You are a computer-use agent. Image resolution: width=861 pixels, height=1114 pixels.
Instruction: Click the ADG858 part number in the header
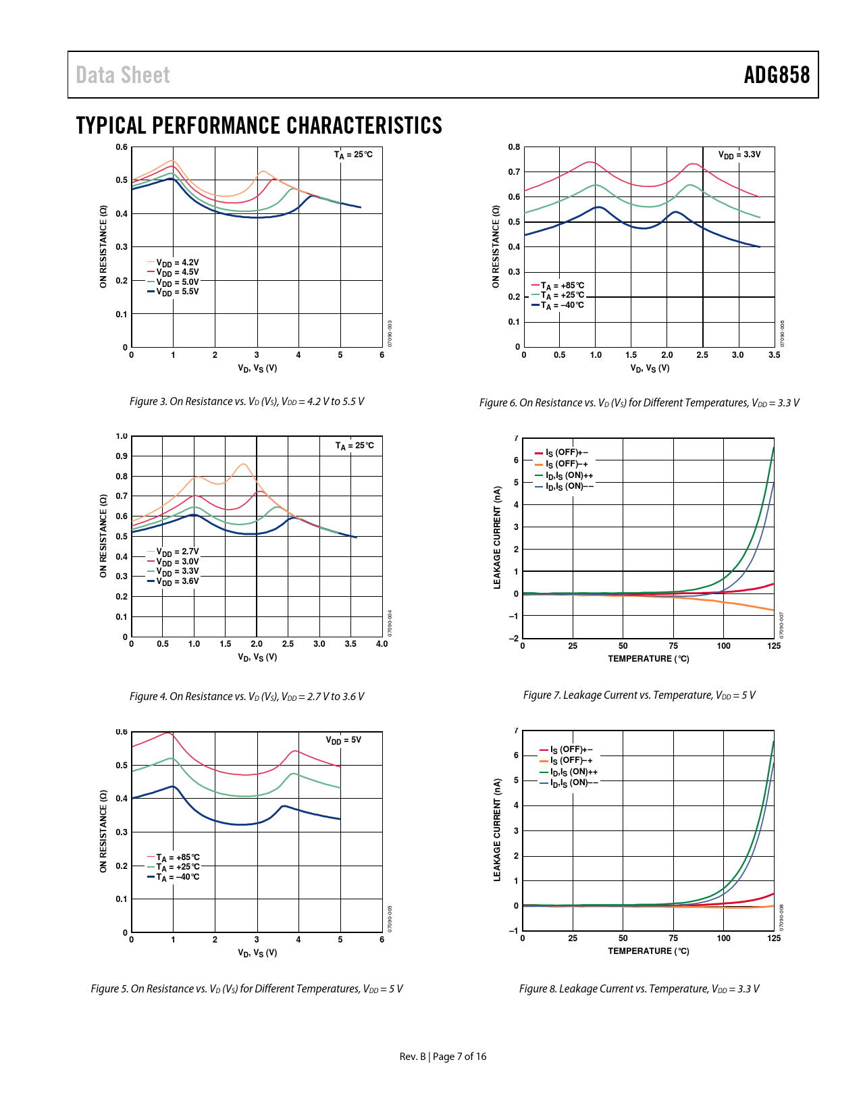pyautogui.click(x=777, y=75)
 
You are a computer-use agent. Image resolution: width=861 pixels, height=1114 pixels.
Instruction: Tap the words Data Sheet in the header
pyautogui.click(x=123, y=75)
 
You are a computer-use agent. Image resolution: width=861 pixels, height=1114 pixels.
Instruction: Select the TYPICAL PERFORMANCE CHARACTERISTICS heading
pyautogui.click(x=259, y=126)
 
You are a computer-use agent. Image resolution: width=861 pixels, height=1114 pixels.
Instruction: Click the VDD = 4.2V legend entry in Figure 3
pyautogui.click(x=177, y=263)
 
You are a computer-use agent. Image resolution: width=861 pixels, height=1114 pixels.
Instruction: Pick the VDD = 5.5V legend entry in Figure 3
pyautogui.click(x=177, y=292)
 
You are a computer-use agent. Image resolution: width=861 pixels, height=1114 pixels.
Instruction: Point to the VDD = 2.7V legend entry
pyautogui.click(x=177, y=552)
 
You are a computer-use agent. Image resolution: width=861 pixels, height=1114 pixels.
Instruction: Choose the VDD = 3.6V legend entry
pyautogui.click(x=177, y=581)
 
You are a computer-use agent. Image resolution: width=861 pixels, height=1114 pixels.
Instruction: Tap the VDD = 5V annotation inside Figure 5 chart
pyautogui.click(x=344, y=740)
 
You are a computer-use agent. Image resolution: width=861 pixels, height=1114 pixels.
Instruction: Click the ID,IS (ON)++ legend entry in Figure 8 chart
pyautogui.click(x=573, y=772)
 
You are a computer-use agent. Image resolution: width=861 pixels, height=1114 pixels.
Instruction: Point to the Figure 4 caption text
pyautogui.click(x=246, y=696)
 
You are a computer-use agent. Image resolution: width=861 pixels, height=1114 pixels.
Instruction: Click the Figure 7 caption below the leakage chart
pyautogui.click(x=639, y=695)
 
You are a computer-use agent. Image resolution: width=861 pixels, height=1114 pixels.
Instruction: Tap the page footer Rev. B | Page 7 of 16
pyautogui.click(x=442, y=1057)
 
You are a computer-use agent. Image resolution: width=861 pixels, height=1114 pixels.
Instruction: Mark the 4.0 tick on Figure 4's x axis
pyautogui.click(x=382, y=644)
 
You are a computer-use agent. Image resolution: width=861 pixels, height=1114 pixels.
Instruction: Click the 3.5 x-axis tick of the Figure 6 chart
pyautogui.click(x=774, y=355)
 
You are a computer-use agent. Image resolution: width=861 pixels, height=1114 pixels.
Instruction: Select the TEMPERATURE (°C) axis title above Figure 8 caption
pyautogui.click(x=648, y=951)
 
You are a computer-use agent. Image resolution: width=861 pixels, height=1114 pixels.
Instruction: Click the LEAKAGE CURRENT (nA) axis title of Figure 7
pyautogui.click(x=498, y=537)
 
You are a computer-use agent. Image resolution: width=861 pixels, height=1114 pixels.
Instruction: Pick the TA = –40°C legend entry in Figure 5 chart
pyautogui.click(x=177, y=877)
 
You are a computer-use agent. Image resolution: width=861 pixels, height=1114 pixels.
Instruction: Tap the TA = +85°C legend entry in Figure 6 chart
pyautogui.click(x=562, y=286)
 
